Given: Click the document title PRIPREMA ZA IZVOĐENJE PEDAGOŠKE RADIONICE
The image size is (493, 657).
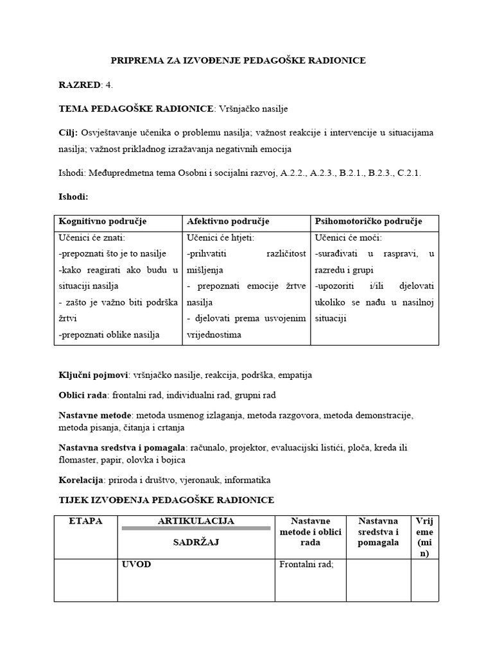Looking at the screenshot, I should [238, 60].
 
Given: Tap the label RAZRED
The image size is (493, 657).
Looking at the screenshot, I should [80, 85].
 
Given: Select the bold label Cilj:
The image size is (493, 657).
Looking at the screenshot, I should [69, 133].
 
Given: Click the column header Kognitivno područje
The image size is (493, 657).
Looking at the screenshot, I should [103, 221].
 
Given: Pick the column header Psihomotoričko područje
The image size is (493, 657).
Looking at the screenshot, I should [368, 221].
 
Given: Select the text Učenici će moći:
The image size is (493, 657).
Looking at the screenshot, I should [347, 238].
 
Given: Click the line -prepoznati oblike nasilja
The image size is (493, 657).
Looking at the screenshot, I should [109, 334].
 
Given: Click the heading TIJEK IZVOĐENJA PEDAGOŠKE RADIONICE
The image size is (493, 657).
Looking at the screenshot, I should [166, 500].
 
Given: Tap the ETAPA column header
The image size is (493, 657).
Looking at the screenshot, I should [85, 521].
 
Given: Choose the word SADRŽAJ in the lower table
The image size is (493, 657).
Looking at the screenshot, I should [196, 542].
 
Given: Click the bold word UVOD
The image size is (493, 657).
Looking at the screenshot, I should [136, 566].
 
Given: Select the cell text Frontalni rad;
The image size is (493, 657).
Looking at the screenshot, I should [304, 566].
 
